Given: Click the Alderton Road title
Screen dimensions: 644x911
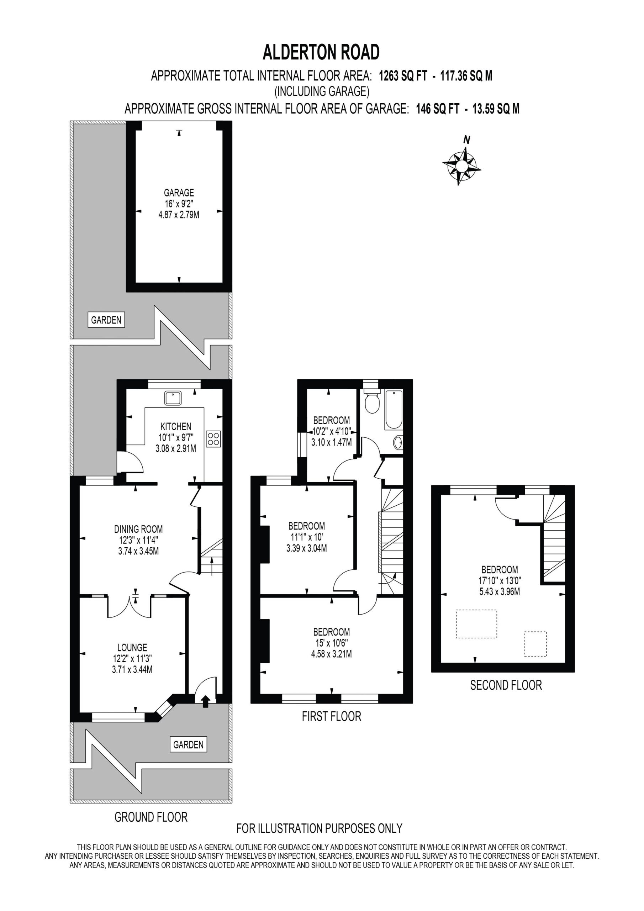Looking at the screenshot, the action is coord(321,52).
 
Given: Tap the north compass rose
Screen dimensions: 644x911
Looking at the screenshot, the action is coord(461,164).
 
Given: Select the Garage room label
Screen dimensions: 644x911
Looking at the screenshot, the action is coord(179,193).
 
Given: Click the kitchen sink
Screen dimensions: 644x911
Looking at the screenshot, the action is coord(173,398).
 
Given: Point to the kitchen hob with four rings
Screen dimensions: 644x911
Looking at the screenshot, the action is coord(213,439).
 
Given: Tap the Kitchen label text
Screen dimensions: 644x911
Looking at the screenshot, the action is coord(176,427).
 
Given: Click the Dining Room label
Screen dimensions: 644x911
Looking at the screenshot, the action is coord(138,529).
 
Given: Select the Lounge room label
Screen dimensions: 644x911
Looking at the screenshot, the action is coord(132,648).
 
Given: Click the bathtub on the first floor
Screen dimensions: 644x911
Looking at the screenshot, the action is coord(394,410).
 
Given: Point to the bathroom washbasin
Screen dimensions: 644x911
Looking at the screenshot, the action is coord(398,442).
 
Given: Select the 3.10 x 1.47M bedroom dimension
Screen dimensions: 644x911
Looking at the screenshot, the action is coord(331,442).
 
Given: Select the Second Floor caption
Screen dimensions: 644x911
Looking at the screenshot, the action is coord(506,685).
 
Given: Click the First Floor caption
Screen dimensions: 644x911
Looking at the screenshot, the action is coord(331,716).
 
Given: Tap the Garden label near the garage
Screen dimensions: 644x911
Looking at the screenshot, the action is coord(106,320).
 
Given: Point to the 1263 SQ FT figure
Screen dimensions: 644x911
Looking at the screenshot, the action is coord(403,75).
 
